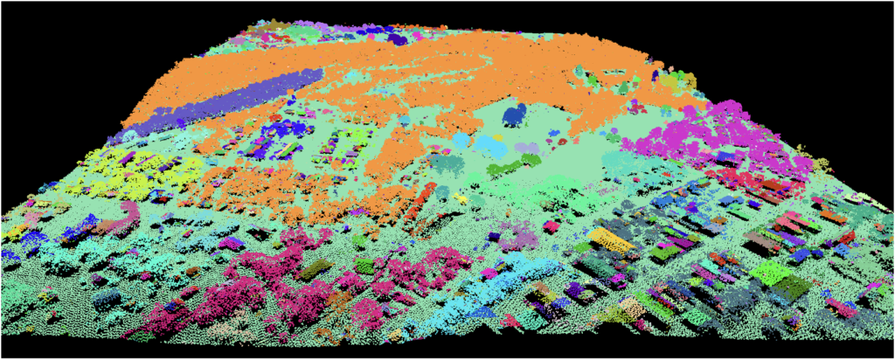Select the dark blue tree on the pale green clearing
coord(514,114)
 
